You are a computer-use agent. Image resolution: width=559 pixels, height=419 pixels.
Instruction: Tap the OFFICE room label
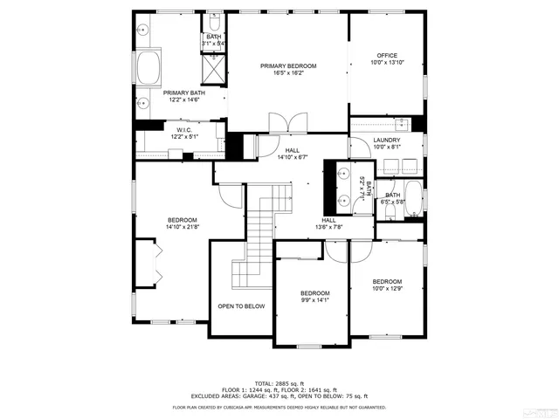[x=387, y=54]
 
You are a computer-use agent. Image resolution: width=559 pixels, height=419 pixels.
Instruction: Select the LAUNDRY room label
[x=387, y=140]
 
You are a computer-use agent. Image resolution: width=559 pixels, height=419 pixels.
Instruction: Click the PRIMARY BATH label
[x=184, y=93]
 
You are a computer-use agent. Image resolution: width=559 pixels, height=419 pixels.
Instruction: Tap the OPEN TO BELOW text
[x=241, y=306]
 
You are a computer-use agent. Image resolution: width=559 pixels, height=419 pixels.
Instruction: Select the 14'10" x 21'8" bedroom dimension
[x=183, y=227]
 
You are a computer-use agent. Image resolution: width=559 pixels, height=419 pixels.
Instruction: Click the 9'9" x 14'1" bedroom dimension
[x=314, y=300]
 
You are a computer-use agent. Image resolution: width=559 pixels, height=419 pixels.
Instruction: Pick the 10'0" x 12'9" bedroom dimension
[x=387, y=289]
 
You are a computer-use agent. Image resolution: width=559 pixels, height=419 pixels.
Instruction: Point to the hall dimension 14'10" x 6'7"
[x=293, y=158]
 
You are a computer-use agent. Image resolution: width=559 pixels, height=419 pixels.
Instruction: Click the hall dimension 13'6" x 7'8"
[x=329, y=227]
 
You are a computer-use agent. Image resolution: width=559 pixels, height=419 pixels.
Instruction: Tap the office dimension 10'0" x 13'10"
[x=387, y=62]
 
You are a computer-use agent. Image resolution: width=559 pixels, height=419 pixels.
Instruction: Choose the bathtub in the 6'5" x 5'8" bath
[x=415, y=201]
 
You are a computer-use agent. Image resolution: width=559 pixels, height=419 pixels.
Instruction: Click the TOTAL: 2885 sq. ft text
[x=279, y=382]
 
